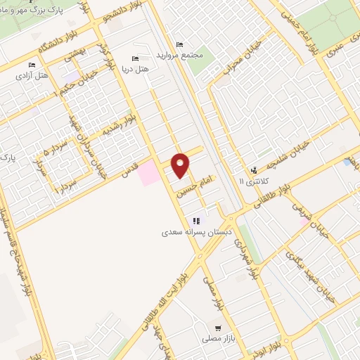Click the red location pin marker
tap(181, 165)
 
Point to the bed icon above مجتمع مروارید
tap(179, 45)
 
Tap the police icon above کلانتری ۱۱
tap(253, 169)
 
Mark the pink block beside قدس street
tap(148, 173)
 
